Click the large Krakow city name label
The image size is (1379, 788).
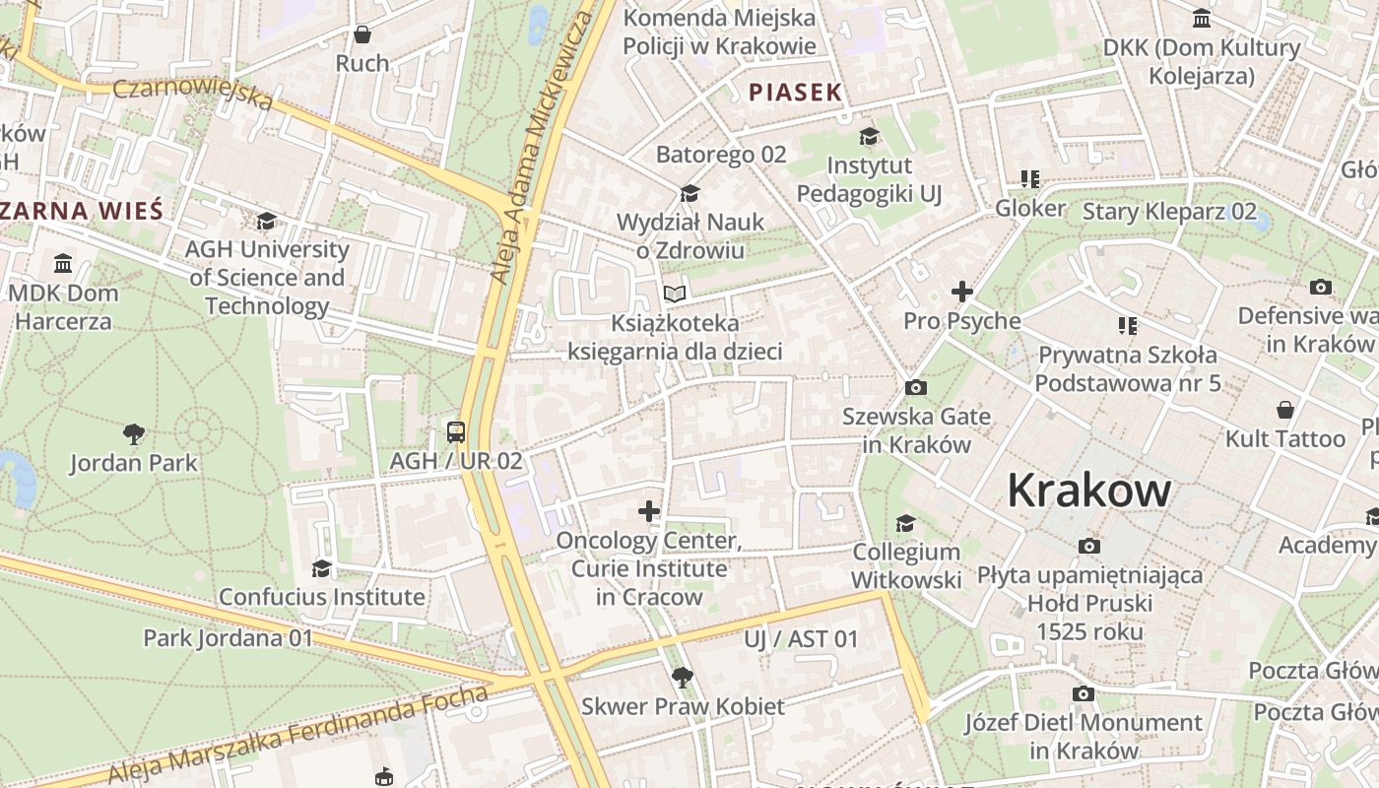coord(1089,490)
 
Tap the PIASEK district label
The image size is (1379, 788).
coord(795,93)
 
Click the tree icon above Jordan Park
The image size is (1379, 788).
coord(134,433)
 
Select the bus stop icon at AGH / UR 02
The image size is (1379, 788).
coord(456,431)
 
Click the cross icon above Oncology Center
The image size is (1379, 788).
coord(648,510)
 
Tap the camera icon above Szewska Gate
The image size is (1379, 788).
coord(915,387)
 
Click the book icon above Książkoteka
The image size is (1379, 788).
coord(674,294)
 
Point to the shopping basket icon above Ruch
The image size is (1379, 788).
coord(362,34)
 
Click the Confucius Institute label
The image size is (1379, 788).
coord(322,597)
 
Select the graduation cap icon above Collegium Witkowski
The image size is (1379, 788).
coord(905,523)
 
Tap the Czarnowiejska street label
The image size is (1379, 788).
coord(193,94)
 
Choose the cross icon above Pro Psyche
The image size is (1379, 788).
coord(961,292)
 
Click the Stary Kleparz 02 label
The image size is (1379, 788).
coord(1169,212)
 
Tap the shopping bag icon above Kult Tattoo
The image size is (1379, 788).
coord(1284,409)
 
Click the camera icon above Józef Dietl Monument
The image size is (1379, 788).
coord(1083,693)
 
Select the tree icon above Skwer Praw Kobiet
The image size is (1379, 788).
coord(682,677)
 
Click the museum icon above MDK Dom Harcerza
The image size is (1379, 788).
coord(64,263)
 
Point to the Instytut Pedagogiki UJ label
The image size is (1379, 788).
coord(869,179)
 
